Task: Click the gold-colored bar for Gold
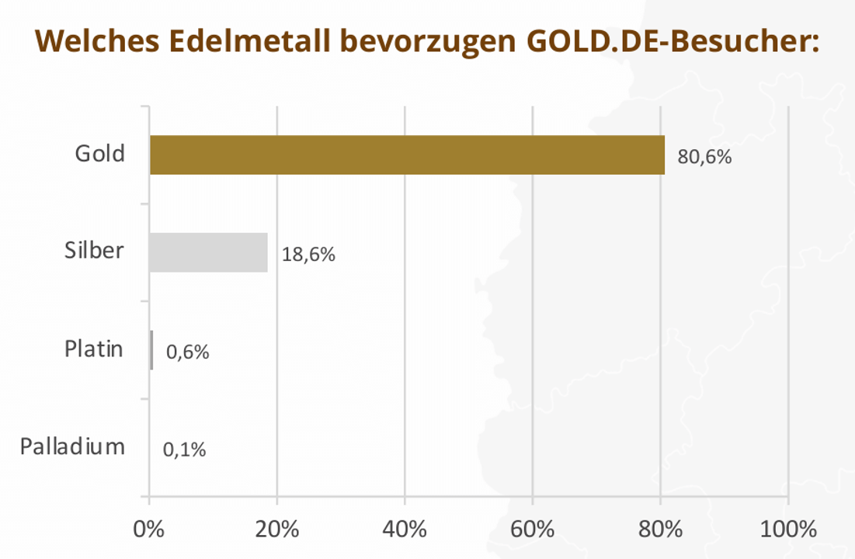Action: [x=407, y=155]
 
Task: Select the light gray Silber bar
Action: [x=208, y=252]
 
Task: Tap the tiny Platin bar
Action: [x=151, y=350]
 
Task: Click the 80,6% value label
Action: [x=704, y=157]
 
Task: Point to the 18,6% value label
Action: [x=308, y=255]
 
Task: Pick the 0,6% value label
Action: [x=188, y=352]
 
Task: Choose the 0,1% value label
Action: [x=185, y=450]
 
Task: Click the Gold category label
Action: [x=99, y=154]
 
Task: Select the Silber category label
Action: [x=94, y=251]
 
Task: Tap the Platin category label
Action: [x=93, y=349]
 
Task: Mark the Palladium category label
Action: [x=72, y=446]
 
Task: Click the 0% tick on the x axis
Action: [x=149, y=530]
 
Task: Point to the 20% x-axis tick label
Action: [x=277, y=530]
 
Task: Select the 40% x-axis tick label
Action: [x=405, y=530]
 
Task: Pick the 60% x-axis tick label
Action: [x=533, y=530]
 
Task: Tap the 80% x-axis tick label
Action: [x=660, y=530]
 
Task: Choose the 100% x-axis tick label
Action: [x=787, y=530]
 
